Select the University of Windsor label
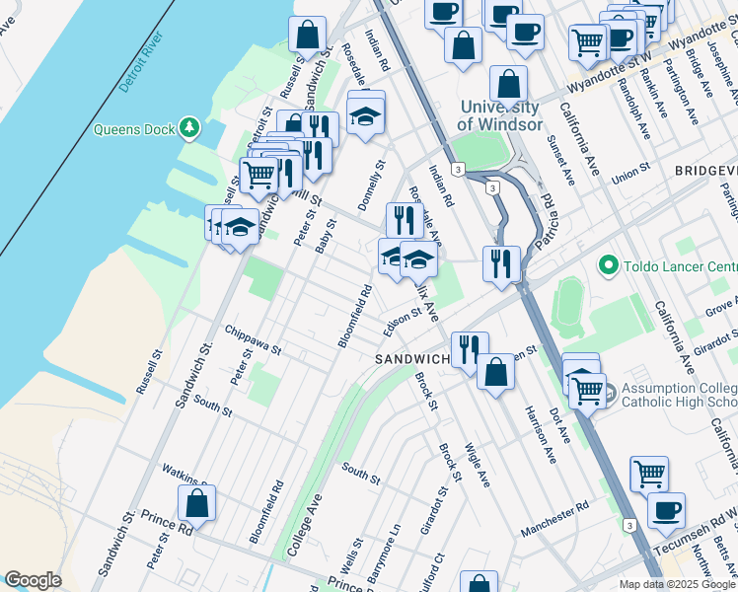pos(499,115)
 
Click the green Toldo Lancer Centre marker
pos(608,265)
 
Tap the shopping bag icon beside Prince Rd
pos(197,504)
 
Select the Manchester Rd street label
pos(554,517)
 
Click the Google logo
pos(33,580)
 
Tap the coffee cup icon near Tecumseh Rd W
pos(667,511)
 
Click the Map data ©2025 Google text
pos(677,584)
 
